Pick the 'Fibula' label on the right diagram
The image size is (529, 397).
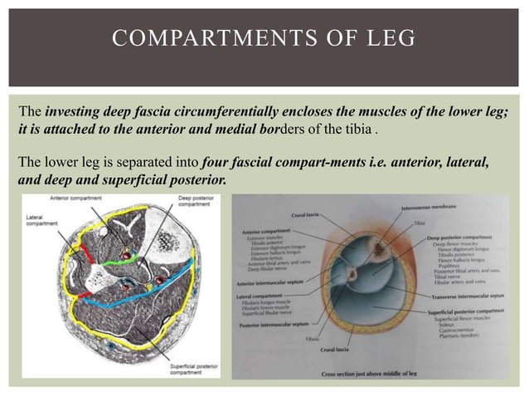(x=334, y=339)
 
